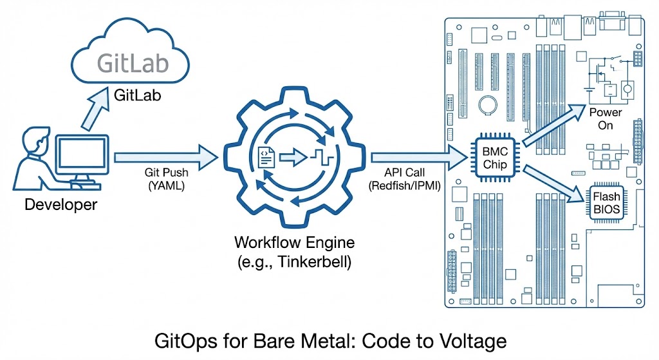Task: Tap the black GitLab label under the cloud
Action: click(x=136, y=95)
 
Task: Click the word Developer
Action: click(x=60, y=205)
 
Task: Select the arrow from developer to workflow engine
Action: click(x=165, y=156)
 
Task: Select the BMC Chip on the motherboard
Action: click(x=496, y=158)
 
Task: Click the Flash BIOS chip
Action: click(x=606, y=202)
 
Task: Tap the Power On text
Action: click(x=606, y=118)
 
